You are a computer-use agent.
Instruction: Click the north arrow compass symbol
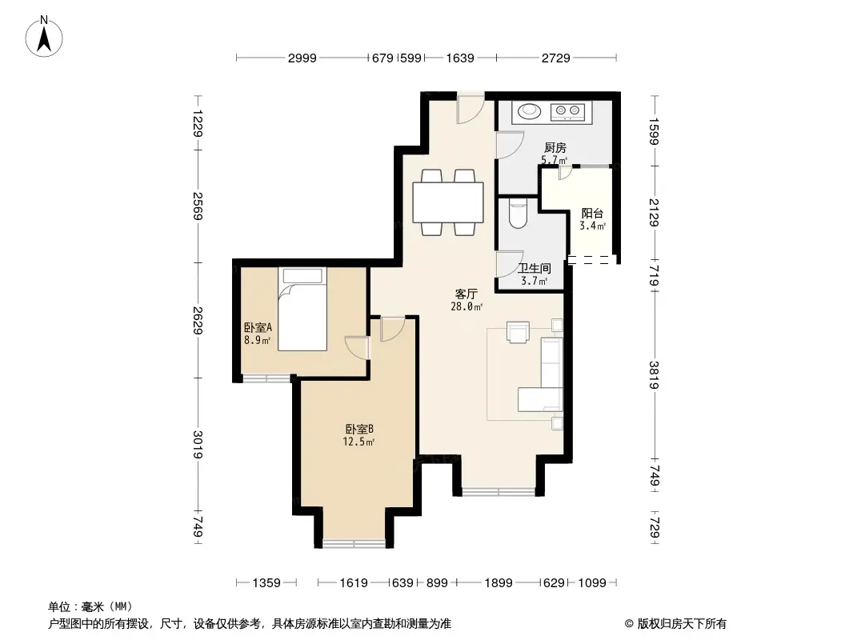(46, 35)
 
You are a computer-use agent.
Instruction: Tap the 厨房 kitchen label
(555, 148)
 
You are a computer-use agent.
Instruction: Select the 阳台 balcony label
(592, 214)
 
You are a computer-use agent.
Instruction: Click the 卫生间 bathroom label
(534, 269)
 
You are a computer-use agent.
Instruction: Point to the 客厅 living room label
(467, 294)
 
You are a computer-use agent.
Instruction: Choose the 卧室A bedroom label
(258, 327)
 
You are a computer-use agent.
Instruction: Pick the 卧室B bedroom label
(358, 429)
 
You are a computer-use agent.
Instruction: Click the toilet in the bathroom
(517, 214)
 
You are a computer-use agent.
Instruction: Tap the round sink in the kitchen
(529, 111)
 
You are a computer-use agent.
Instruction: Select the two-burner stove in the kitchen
(569, 111)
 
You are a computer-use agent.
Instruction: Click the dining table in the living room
(448, 202)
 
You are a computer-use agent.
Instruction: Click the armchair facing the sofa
(518, 332)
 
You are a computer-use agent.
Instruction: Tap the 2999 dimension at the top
(303, 58)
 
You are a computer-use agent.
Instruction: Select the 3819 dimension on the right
(655, 375)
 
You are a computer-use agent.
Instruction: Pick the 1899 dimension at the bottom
(498, 583)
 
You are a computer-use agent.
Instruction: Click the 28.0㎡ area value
(468, 306)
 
